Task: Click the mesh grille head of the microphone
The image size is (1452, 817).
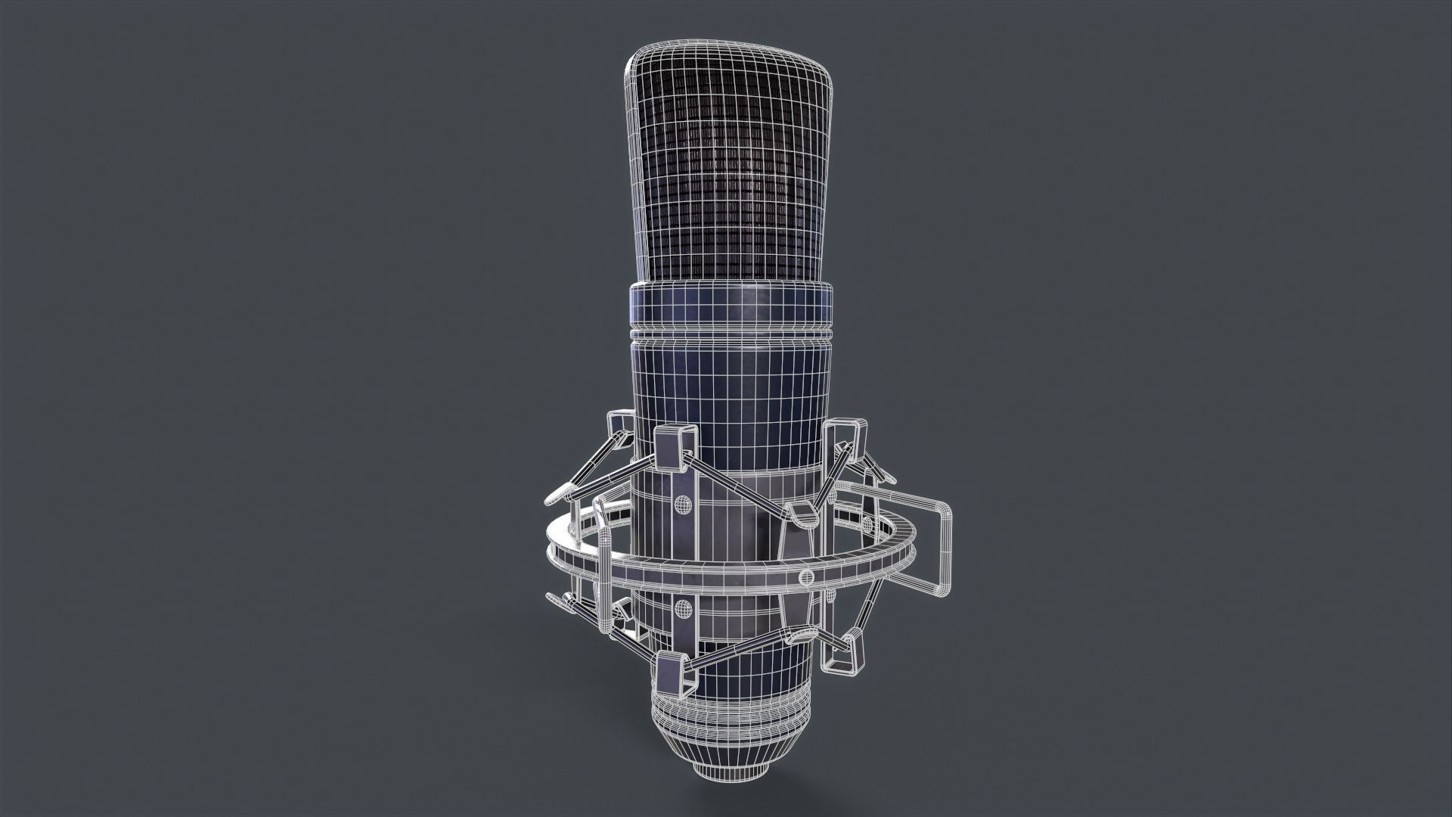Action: tap(730, 174)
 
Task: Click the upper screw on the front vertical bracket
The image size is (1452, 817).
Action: tap(682, 503)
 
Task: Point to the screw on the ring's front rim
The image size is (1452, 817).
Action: tap(805, 578)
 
